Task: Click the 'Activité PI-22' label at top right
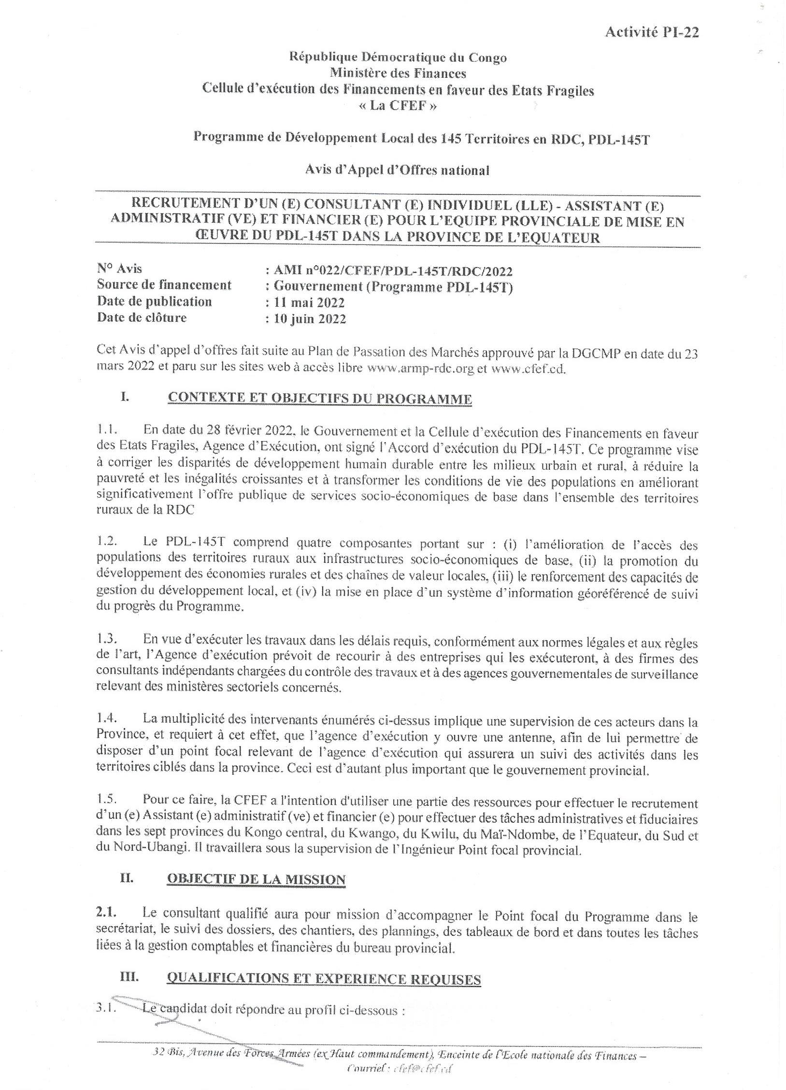pos(652,32)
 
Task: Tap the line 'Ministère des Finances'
pos(398,73)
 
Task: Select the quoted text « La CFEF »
pos(398,106)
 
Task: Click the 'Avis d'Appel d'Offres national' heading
pos(398,170)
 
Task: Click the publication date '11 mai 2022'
pos(309,303)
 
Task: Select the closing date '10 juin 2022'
pos(310,319)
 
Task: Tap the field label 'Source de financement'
pos(164,285)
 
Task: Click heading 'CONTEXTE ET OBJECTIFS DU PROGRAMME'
pos(319,399)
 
